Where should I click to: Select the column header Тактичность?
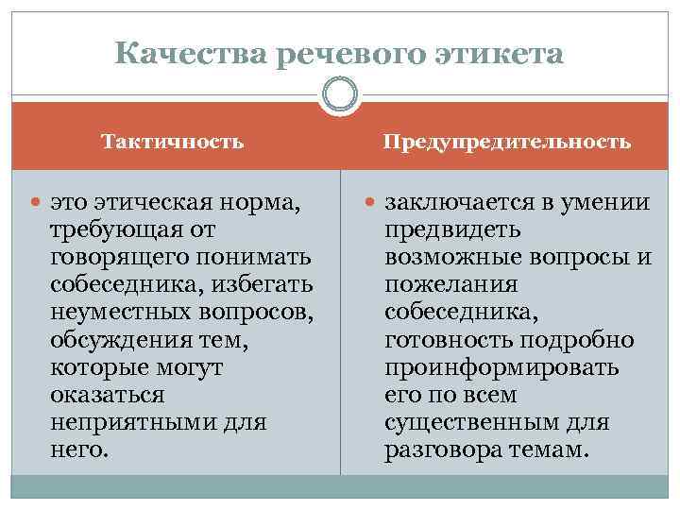click(173, 143)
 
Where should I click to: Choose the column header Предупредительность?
click(506, 143)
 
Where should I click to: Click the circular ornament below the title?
click(340, 95)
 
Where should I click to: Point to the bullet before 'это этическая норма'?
click(37, 202)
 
